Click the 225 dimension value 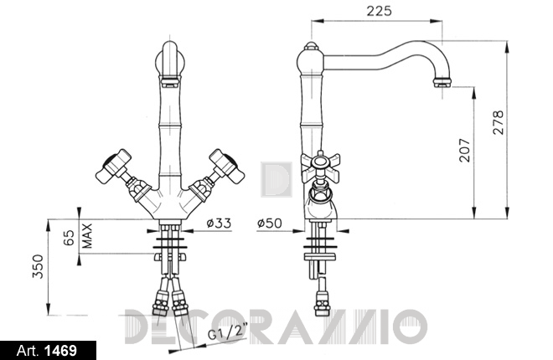pyautogui.click(x=379, y=11)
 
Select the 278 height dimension pyautogui.click(x=499, y=122)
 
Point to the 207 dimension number pyautogui.click(x=465, y=150)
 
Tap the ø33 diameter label pyautogui.click(x=219, y=223)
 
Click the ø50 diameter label pyautogui.click(x=270, y=223)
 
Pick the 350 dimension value pyautogui.click(x=38, y=266)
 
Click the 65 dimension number pyautogui.click(x=69, y=238)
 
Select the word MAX pyautogui.click(x=86, y=235)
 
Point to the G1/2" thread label pyautogui.click(x=228, y=332)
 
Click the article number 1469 pyautogui.click(x=60, y=351)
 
